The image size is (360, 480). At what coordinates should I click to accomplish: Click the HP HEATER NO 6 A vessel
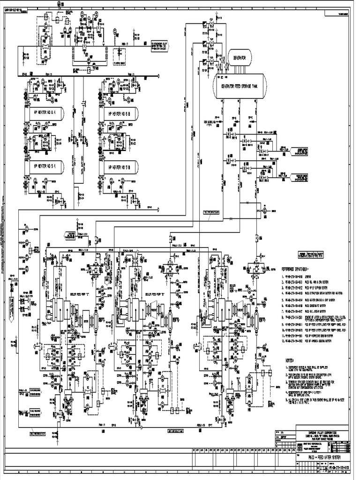pos(42,113)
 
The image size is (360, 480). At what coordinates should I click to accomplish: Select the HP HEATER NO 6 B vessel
pos(119,113)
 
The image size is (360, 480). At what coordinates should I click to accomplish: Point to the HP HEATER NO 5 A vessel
pos(42,166)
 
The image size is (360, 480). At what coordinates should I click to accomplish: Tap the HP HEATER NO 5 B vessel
pos(119,166)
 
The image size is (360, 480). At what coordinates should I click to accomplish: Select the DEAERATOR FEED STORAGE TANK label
pos(240,87)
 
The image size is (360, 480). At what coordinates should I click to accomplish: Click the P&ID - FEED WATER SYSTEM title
pos(323,457)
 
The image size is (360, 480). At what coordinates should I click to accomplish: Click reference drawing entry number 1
pos(300,277)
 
